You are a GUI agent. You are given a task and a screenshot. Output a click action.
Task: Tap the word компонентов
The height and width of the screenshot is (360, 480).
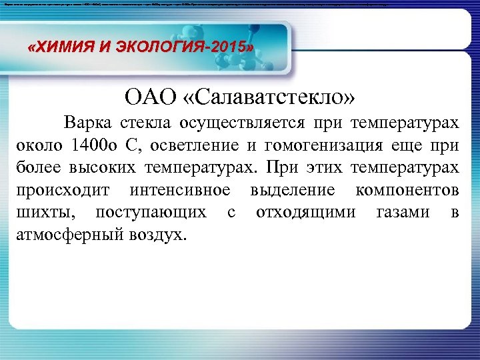point(407,190)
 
